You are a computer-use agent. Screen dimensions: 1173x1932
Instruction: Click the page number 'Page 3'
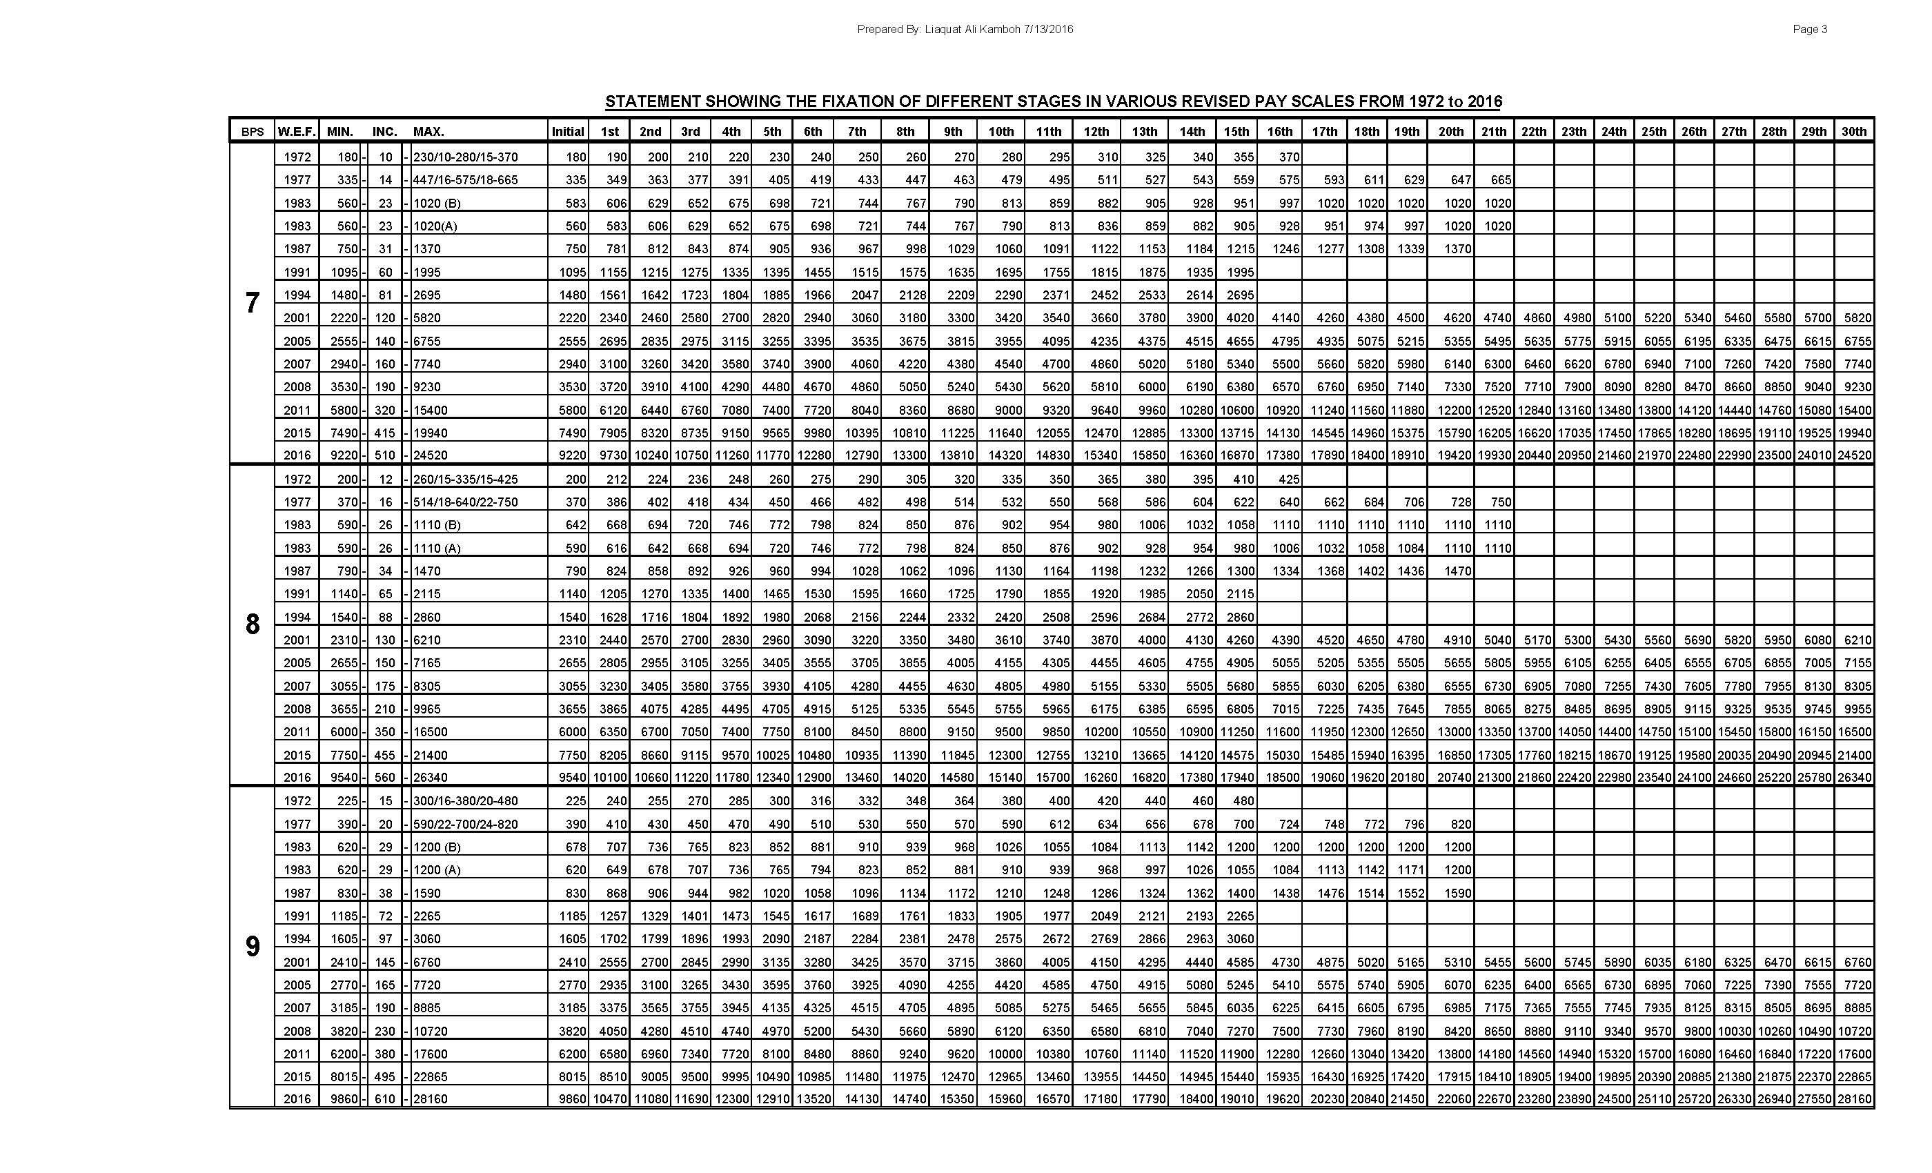pos(1810,30)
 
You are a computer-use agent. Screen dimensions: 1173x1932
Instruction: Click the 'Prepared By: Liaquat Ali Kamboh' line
pos(965,30)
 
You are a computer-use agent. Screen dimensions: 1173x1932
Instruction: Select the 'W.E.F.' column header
pos(297,132)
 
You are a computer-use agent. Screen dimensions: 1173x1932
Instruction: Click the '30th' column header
pos(1853,132)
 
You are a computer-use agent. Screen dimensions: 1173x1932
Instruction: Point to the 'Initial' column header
pos(568,132)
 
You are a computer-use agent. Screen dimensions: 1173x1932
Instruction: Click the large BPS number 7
pos(252,304)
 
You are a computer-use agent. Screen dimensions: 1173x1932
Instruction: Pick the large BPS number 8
pos(252,625)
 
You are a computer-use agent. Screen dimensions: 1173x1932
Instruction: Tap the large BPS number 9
pos(252,947)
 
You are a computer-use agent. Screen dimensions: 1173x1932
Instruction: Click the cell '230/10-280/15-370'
pos(466,157)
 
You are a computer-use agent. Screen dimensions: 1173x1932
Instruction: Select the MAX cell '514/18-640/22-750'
pos(466,502)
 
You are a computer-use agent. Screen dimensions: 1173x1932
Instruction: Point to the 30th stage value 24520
pos(1853,455)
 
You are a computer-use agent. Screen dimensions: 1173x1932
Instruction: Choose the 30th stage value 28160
pos(1853,1099)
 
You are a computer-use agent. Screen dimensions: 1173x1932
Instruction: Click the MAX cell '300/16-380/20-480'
pos(466,800)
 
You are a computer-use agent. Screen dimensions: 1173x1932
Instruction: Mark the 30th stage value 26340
pos(1853,778)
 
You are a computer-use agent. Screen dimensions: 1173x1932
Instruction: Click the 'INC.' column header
pos(384,132)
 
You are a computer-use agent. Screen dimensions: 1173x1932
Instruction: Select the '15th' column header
pos(1236,132)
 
